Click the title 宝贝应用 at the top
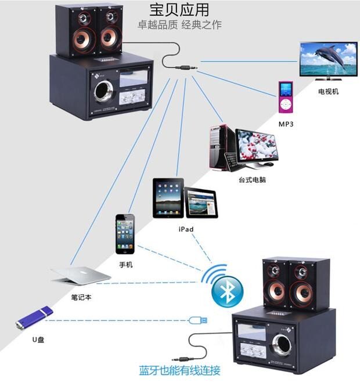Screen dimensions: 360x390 (x=179, y=10)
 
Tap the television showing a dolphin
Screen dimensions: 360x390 (x=329, y=61)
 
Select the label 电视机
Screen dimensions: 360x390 (x=329, y=92)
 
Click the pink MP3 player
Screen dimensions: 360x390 (x=286, y=97)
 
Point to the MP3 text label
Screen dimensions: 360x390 (x=286, y=124)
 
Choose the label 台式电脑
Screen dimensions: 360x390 (x=252, y=179)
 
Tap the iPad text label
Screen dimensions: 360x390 (x=186, y=229)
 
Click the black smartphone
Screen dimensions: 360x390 (x=125, y=234)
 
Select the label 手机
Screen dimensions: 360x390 (x=125, y=265)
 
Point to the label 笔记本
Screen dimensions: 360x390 (x=81, y=297)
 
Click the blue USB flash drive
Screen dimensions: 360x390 (x=34, y=318)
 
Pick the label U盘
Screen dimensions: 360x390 (x=38, y=340)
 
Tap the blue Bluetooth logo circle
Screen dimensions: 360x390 (x=228, y=292)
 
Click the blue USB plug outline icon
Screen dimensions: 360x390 (x=198, y=320)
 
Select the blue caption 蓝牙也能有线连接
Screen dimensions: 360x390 (x=179, y=370)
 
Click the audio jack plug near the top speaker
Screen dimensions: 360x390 (x=186, y=67)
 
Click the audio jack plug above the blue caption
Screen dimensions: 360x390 (x=183, y=359)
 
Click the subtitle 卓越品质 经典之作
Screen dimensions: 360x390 (x=179, y=24)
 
